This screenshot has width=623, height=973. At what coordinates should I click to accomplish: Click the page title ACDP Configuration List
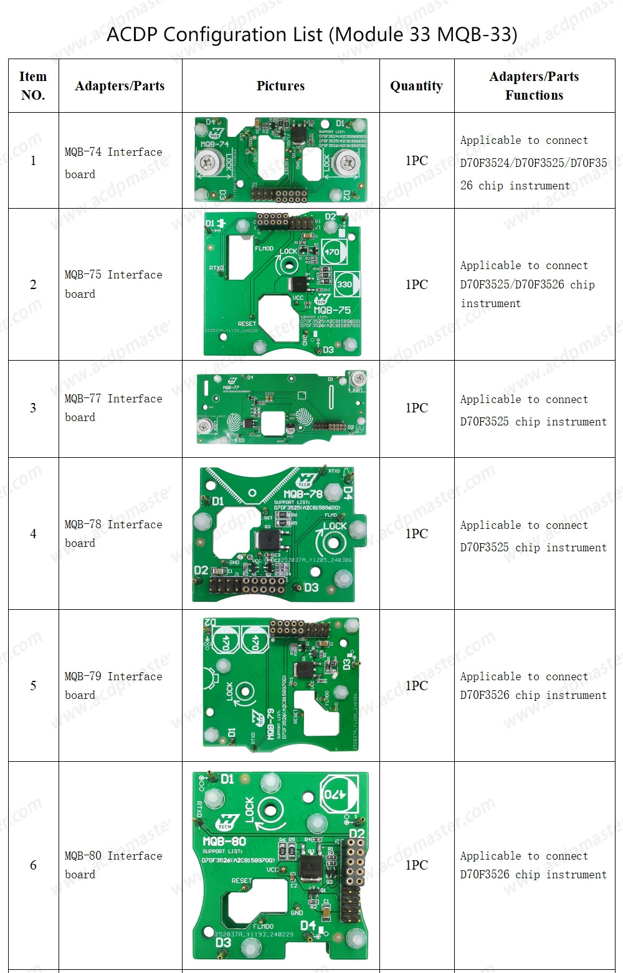[311, 34]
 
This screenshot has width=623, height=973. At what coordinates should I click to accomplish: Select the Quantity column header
[416, 86]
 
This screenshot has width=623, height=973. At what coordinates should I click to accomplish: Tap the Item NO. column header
[33, 86]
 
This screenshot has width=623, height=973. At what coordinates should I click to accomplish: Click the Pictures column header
[280, 86]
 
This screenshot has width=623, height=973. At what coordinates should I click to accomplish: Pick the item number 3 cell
[33, 408]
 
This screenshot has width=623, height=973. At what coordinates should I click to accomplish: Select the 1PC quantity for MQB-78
[416, 534]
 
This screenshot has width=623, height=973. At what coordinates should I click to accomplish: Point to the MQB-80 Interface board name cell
[113, 865]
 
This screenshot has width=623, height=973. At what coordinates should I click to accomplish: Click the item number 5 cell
[33, 686]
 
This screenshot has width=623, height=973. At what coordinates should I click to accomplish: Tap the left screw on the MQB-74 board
[207, 163]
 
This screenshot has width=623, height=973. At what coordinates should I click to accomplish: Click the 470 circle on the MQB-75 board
[331, 252]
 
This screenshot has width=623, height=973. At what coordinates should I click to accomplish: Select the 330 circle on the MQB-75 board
[344, 284]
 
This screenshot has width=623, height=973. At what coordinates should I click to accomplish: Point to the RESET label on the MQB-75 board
[247, 324]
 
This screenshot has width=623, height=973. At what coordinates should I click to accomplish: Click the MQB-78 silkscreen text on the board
[303, 493]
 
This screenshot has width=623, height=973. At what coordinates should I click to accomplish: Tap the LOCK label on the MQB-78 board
[335, 526]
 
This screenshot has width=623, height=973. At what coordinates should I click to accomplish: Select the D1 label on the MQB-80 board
[227, 779]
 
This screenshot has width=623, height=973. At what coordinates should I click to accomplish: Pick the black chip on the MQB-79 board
[305, 670]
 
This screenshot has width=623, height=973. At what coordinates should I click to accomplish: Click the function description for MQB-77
[533, 411]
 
